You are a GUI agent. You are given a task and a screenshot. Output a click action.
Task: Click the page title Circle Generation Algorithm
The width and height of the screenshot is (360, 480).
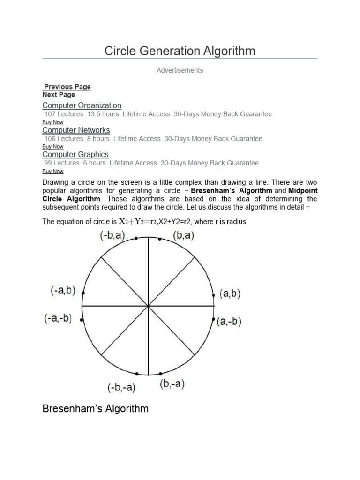pos(180,51)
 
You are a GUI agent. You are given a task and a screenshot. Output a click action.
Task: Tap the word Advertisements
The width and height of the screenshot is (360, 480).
pos(180,70)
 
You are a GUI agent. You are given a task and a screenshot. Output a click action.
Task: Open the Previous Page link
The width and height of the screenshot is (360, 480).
pos(67,87)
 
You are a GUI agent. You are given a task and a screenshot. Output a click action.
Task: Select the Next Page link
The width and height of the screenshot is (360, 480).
pos(59,95)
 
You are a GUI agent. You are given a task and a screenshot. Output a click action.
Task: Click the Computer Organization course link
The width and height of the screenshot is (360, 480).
pos(82,105)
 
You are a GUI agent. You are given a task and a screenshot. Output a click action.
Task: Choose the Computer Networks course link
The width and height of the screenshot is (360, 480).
pos(76,130)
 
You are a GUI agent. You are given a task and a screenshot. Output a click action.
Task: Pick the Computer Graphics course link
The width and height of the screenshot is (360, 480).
pos(75,154)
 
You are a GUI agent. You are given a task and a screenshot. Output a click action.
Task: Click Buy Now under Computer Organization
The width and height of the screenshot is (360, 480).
pos(52,122)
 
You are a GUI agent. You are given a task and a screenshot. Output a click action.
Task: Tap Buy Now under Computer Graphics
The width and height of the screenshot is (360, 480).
pos(52,171)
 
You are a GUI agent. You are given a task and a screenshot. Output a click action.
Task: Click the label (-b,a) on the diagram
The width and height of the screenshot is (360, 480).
pos(112,236)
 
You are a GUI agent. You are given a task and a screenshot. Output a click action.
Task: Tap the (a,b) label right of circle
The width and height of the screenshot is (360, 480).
pos(230,294)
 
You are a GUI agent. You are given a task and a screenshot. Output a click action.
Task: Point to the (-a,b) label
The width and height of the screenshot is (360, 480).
pos(63,291)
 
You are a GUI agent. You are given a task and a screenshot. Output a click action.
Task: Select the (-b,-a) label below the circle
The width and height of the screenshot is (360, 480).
pos(121,388)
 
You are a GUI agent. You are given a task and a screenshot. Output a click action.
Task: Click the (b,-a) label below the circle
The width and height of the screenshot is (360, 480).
pos(172,384)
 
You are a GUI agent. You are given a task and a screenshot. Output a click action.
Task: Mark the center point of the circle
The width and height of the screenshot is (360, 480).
pos(149,306)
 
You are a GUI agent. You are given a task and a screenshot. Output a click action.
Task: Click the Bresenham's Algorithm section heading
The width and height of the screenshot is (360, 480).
pos(95,409)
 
